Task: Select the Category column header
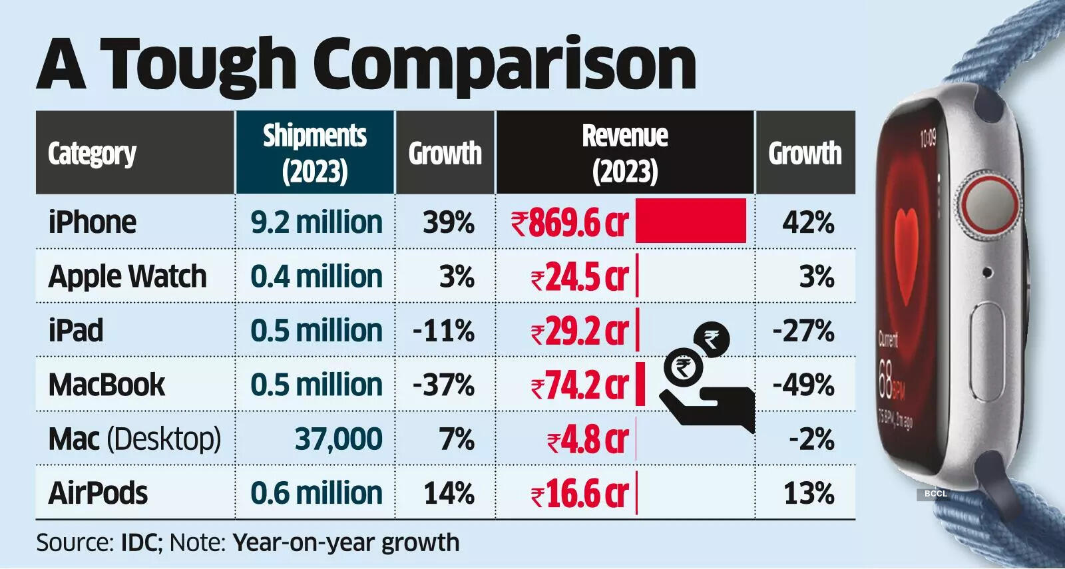pos(92,154)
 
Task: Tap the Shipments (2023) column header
pos(315,153)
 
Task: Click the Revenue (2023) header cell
pos(625,153)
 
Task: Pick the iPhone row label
pos(92,222)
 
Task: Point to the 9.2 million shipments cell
pos(316,222)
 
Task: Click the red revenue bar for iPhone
pos(690,220)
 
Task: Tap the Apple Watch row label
pos(127,276)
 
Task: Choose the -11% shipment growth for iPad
pos(444,331)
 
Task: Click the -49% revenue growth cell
pos(803,385)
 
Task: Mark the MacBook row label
pos(106,385)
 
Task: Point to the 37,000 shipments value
pos(338,439)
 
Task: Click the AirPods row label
pos(98,494)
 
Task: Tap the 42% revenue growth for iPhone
pos(808,222)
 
